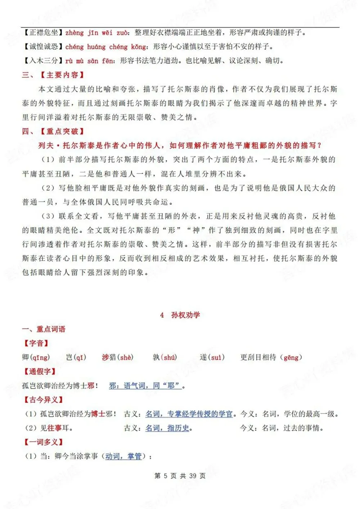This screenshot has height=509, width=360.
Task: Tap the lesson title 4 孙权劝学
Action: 180,315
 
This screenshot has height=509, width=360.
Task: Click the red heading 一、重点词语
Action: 44,329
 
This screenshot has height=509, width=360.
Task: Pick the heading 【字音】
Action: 36,343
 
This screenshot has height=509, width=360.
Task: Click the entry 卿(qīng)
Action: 36,357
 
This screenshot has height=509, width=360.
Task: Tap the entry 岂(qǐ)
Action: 76,357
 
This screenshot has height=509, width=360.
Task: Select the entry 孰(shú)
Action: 165,357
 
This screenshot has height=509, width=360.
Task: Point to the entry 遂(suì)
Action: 212,357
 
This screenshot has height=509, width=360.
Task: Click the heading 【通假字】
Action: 40,371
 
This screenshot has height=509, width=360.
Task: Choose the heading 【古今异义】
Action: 43,400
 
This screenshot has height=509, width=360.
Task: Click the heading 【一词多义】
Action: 43,442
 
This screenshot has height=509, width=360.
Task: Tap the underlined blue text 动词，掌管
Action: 123,456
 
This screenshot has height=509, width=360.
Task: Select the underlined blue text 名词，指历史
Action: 167,428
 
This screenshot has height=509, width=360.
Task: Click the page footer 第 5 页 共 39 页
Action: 180,476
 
